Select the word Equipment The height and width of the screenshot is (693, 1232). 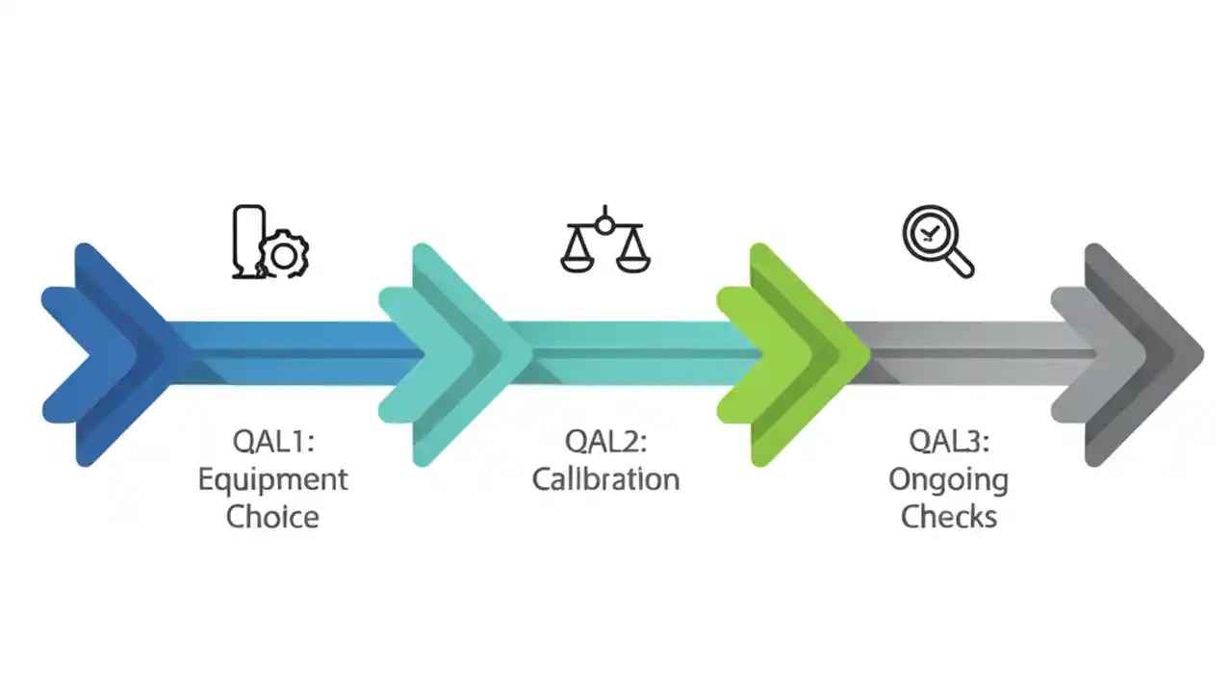pyautogui.click(x=273, y=479)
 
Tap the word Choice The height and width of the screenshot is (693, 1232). pyautogui.click(x=273, y=517)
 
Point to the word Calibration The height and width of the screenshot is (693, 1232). pyautogui.click(x=605, y=479)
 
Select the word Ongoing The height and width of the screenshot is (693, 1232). pyautogui.click(x=949, y=479)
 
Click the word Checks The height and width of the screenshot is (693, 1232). pyautogui.click(x=949, y=517)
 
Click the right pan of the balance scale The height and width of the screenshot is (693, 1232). pyautogui.click(x=631, y=257)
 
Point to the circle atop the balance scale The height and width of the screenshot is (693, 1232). pyautogui.click(x=603, y=224)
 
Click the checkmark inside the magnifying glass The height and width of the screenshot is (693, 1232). pyautogui.click(x=929, y=231)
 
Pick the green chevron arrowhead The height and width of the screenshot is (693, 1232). pyautogui.click(x=799, y=354)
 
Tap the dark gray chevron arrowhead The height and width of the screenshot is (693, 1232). pyautogui.click(x=1141, y=354)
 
